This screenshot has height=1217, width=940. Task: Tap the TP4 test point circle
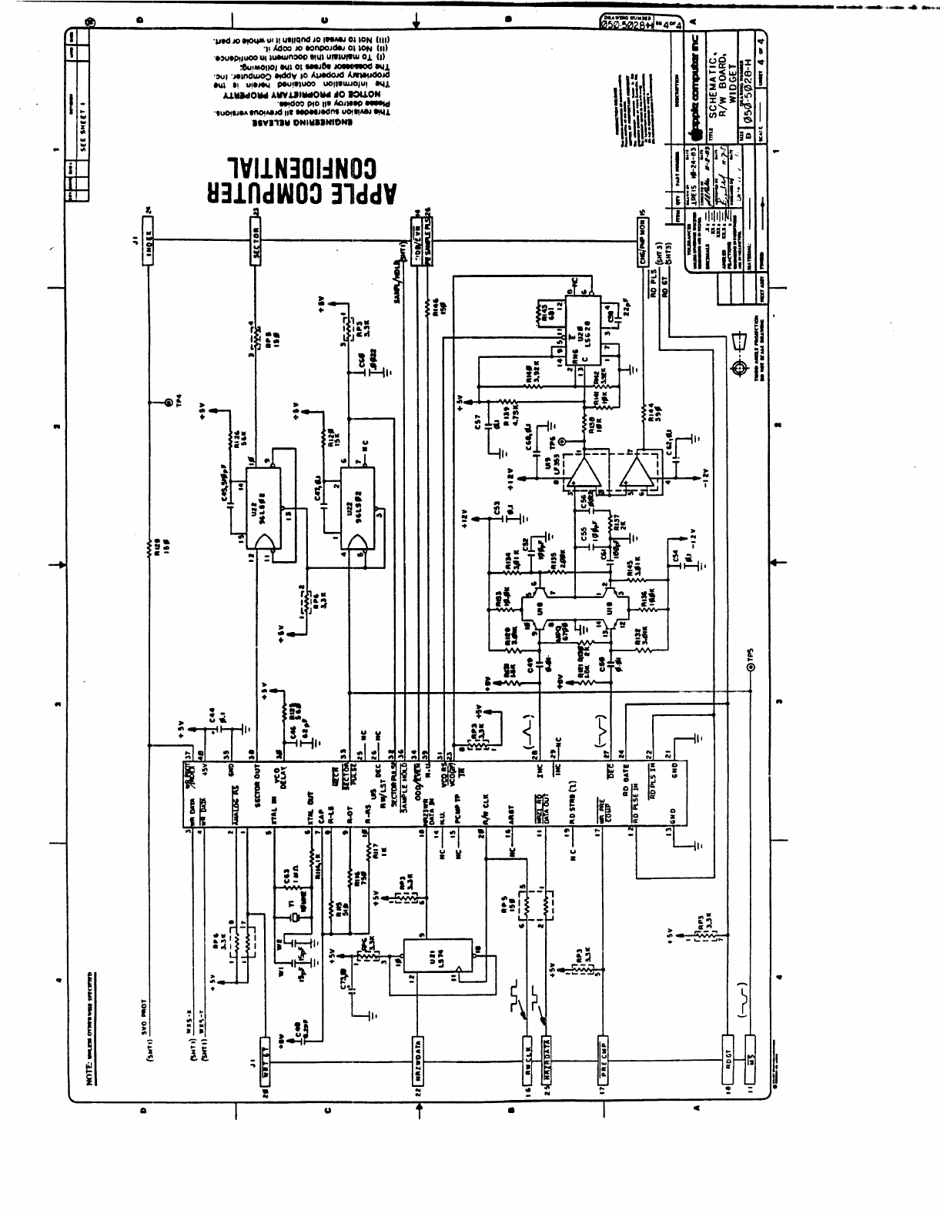pos(166,403)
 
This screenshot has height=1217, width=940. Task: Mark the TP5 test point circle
pos(751,669)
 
